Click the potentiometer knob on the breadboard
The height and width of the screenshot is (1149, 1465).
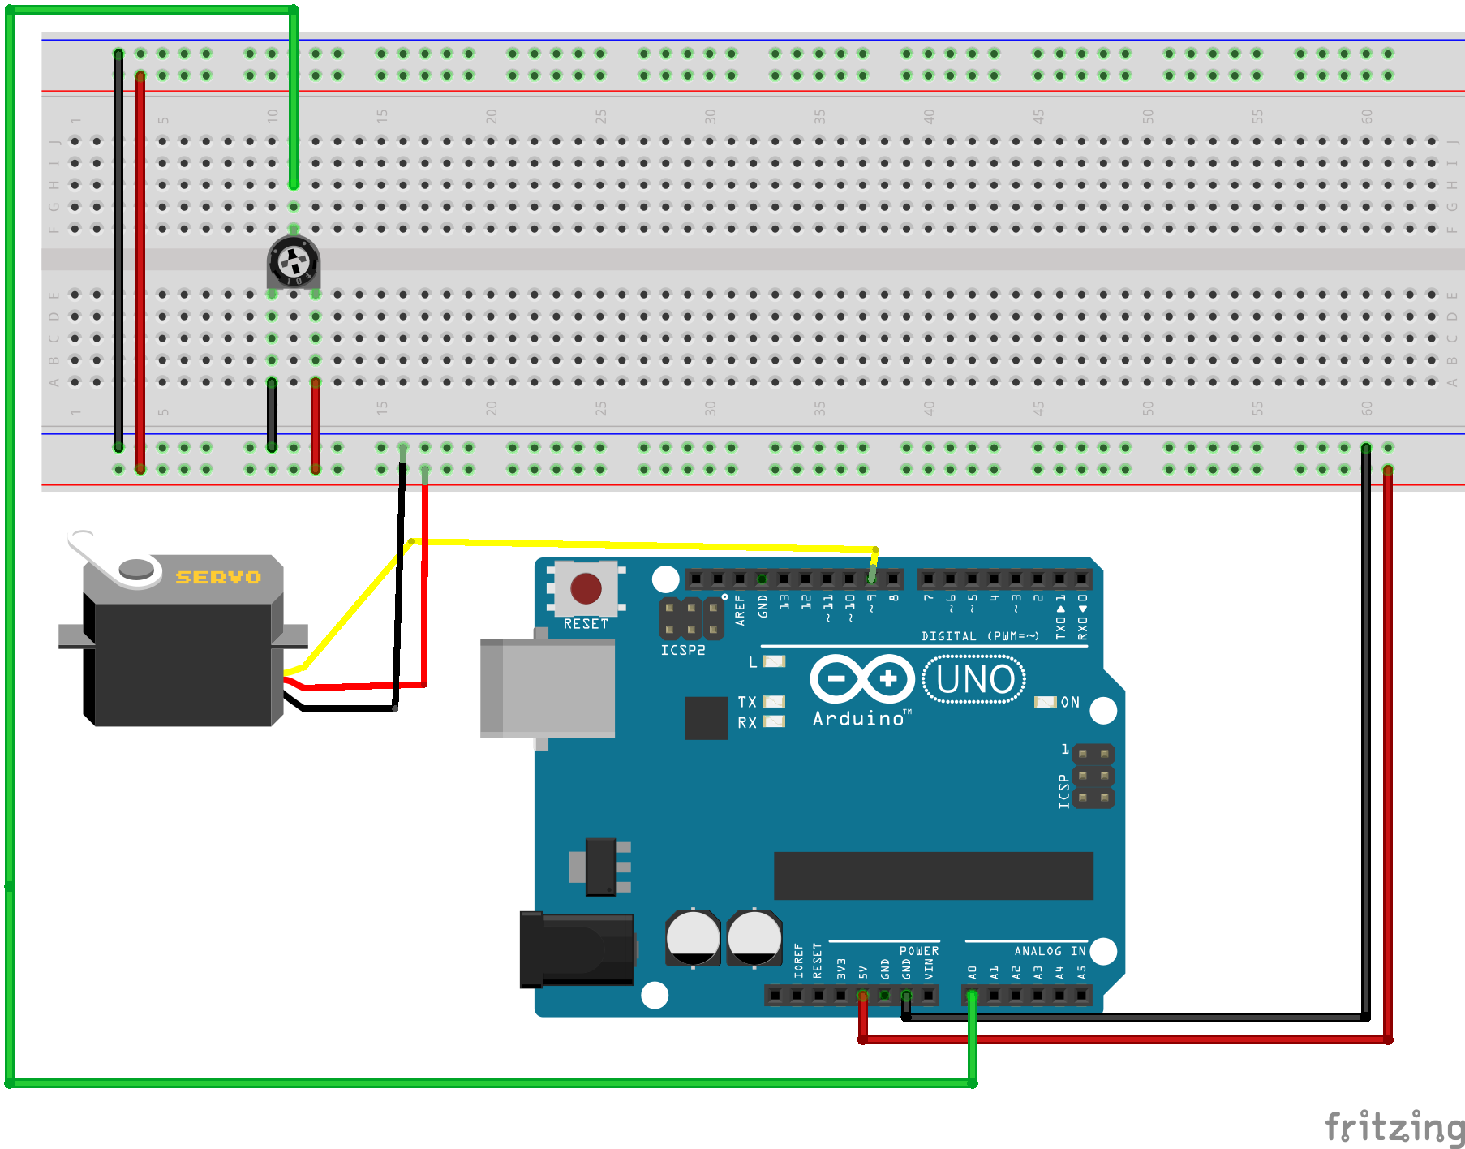(293, 261)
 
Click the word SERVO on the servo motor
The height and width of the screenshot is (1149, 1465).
(218, 577)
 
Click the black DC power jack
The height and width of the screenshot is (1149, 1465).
(576, 949)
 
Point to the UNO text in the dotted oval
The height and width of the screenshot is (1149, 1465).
(974, 679)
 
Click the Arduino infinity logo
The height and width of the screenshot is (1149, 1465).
(862, 678)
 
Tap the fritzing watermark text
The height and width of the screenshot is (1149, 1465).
(1394, 1127)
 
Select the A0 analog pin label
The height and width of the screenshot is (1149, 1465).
(972, 970)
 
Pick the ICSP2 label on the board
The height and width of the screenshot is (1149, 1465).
(682, 650)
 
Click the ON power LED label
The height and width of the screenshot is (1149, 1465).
(1070, 702)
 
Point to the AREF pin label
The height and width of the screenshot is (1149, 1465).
(740, 609)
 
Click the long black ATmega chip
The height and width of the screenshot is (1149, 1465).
(933, 876)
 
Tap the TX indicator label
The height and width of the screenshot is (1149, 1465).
(747, 702)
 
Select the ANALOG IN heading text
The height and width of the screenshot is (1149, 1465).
(1049, 951)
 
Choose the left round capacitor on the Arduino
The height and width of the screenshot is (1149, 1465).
(692, 937)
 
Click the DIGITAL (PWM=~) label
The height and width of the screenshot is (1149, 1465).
(979, 636)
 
